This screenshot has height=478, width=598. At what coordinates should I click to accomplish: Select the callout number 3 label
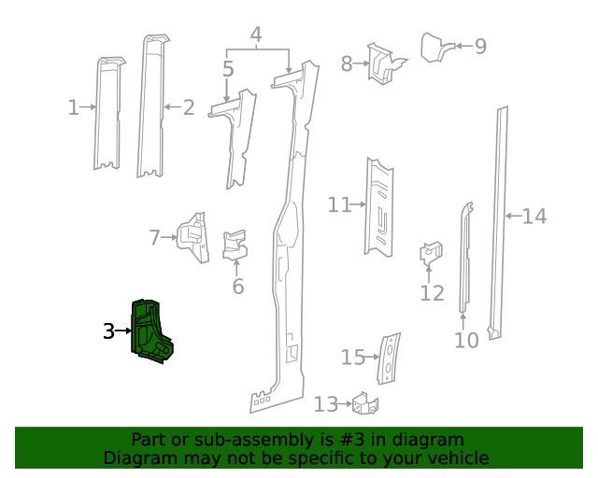pyautogui.click(x=108, y=330)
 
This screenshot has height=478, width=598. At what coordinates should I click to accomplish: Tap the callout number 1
pyautogui.click(x=73, y=108)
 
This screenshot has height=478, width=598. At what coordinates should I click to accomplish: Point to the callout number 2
pyautogui.click(x=188, y=108)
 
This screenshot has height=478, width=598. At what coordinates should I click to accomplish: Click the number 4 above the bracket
pyautogui.click(x=255, y=36)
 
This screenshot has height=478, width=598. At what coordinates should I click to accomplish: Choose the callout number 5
pyautogui.click(x=228, y=68)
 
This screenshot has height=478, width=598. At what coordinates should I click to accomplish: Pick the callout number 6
pyautogui.click(x=238, y=286)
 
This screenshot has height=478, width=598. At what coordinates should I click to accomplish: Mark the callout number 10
pyautogui.click(x=466, y=340)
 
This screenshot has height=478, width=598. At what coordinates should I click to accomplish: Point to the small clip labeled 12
pyautogui.click(x=431, y=253)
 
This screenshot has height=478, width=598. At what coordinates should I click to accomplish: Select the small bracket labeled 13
pyautogui.click(x=365, y=403)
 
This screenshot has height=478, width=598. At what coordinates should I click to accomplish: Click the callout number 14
pyautogui.click(x=534, y=217)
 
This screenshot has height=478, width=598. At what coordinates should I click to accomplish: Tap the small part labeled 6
pyautogui.click(x=235, y=243)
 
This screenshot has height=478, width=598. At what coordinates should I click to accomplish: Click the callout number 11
pyautogui.click(x=338, y=204)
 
